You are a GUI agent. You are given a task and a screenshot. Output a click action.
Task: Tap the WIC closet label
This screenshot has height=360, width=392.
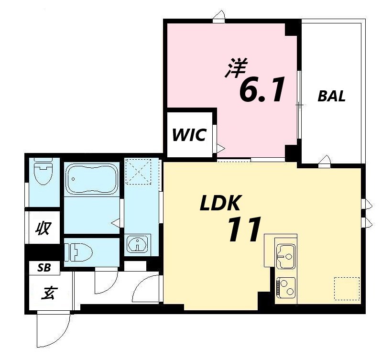pos(189,135)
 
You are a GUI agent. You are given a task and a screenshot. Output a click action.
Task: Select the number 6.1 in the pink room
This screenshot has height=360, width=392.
pos(262,89)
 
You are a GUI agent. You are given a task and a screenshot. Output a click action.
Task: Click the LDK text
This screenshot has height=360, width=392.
pos(220,203)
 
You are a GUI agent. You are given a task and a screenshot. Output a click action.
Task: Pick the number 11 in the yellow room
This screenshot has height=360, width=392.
pos(244,229)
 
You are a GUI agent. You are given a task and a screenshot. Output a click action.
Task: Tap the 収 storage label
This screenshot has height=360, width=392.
pos(43,228)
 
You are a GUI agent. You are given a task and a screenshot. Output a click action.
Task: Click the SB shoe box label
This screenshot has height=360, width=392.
pos(44,268)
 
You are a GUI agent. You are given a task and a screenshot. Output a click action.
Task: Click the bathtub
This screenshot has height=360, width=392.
pos(92,178)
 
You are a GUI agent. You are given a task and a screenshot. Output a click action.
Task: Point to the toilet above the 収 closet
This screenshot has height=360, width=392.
pos(43,172)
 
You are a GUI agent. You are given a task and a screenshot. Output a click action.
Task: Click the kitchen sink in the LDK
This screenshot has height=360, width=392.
pos(286,256)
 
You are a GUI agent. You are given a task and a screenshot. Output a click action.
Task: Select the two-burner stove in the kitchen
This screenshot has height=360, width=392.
pos(286,288)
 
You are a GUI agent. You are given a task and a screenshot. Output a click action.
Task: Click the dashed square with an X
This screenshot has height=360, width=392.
pos(138,172)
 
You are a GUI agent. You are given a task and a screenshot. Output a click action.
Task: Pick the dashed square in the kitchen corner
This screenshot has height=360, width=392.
pos(347,288)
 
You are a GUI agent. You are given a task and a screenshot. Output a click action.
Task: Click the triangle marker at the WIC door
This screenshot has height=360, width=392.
pos(221,149)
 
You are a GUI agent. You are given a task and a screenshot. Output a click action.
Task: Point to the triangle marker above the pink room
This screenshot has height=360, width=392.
pos(220,14)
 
